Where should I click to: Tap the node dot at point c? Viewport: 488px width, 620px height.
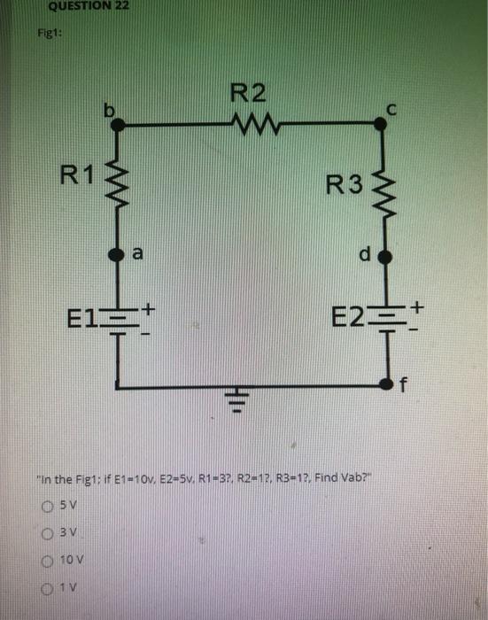coord(382,126)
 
